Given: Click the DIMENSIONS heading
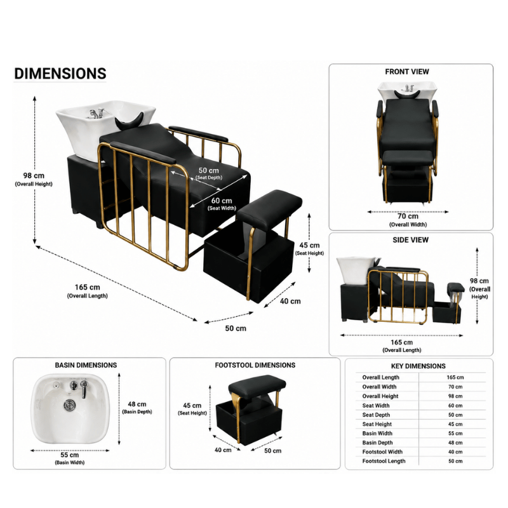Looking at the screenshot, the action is point(60,74).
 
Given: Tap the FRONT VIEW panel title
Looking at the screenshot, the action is point(407,72).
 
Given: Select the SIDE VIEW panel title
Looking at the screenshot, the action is point(410,240).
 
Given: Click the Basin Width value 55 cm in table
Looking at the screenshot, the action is point(455,433).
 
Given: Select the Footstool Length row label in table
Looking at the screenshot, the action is point(384,461).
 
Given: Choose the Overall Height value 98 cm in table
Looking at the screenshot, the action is point(455,396).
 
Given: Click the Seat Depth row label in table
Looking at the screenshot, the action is point(376,415).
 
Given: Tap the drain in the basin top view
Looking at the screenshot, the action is point(69,404).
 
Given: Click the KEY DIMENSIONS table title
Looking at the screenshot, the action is point(418,366).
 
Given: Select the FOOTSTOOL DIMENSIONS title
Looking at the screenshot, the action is point(255,365).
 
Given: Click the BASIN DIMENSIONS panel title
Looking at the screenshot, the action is point(86,365).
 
